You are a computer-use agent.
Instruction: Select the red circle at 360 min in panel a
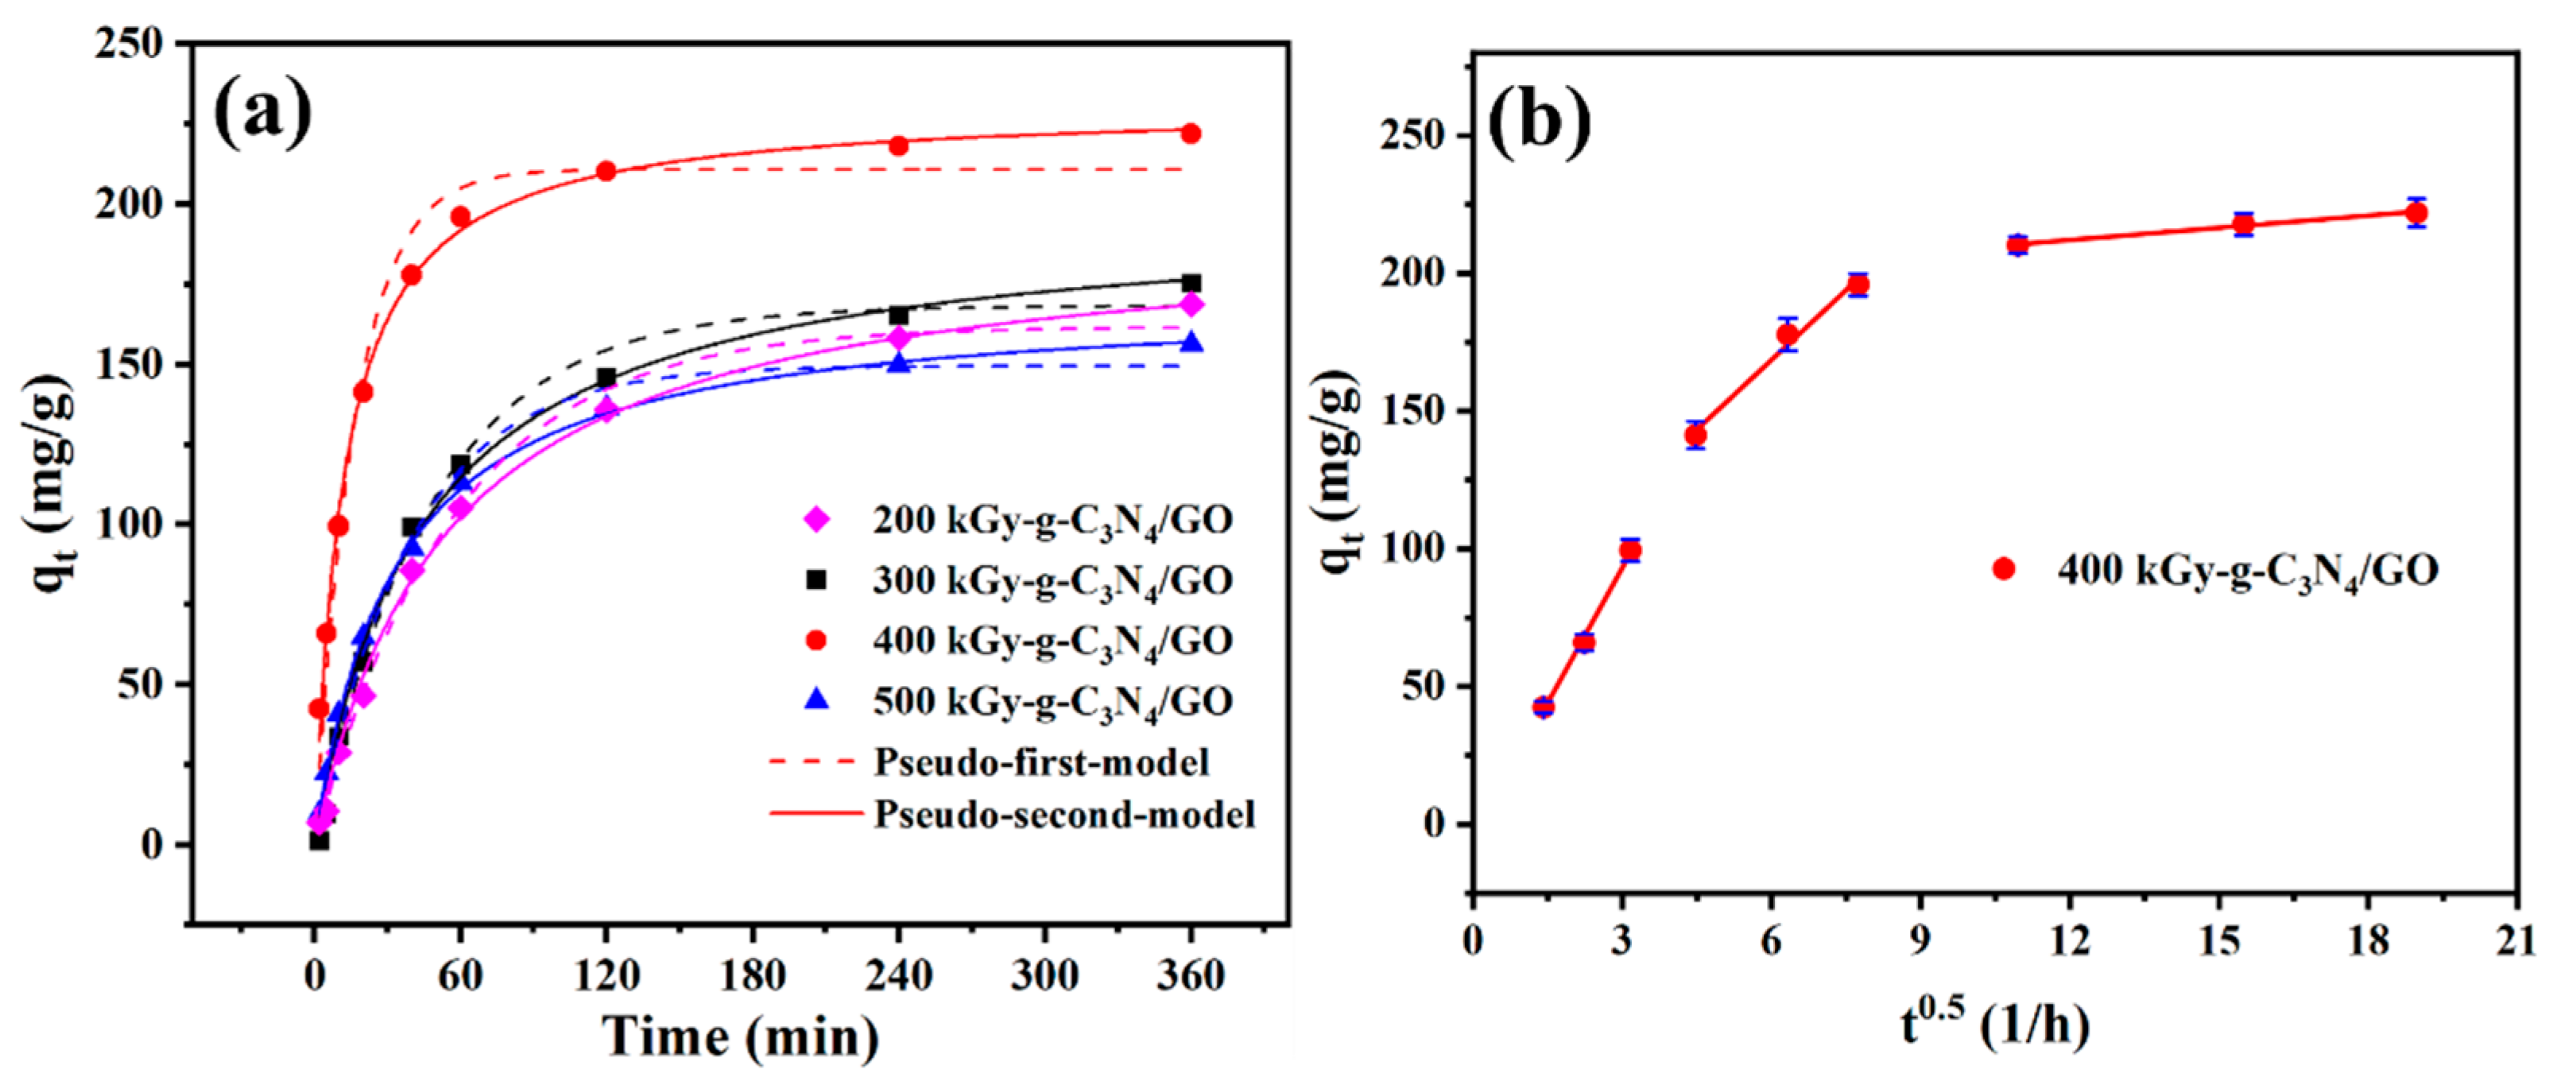point(1190,133)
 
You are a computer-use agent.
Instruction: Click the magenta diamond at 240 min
point(899,338)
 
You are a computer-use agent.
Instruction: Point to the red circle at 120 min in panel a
point(606,171)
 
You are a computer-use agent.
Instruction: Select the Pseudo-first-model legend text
point(1041,762)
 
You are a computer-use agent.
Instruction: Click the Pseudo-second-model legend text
point(1064,815)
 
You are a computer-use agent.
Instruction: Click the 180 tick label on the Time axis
point(754,976)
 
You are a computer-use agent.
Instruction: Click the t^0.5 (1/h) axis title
point(1995,1025)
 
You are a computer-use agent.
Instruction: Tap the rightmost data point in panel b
point(2417,212)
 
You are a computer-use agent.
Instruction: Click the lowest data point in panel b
point(1543,707)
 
